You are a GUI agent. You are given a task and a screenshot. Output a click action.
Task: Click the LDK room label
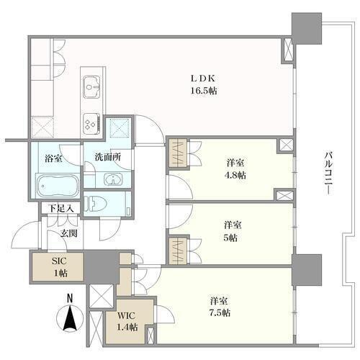pos(203,78)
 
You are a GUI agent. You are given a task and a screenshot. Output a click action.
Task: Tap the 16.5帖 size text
pos(204,91)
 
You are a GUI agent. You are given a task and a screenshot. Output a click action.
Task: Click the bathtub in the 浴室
pos(58,186)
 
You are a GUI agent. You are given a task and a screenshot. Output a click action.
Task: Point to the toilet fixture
pos(96,204)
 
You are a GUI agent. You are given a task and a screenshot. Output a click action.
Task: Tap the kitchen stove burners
pos(91,124)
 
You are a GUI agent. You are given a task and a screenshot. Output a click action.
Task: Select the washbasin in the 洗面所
pos(113,179)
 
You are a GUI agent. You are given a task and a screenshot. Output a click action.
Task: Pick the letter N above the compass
pos(70,298)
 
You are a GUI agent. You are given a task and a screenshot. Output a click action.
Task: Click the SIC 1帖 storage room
pos(58,266)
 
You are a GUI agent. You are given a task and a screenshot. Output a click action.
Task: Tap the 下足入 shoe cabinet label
pos(60,208)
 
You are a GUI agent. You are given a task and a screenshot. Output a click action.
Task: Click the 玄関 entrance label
pos(68,233)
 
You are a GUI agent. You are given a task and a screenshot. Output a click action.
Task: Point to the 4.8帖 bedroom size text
pos(235,176)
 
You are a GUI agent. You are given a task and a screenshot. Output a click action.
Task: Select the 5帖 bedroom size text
pos(230,238)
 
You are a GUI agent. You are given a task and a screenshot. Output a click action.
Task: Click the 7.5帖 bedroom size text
pos(220,312)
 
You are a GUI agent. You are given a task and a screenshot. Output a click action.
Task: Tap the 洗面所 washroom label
pos(108,157)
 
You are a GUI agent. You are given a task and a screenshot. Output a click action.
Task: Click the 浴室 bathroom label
pos(53,158)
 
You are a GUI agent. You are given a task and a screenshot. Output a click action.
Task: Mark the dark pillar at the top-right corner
pos(307,29)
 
